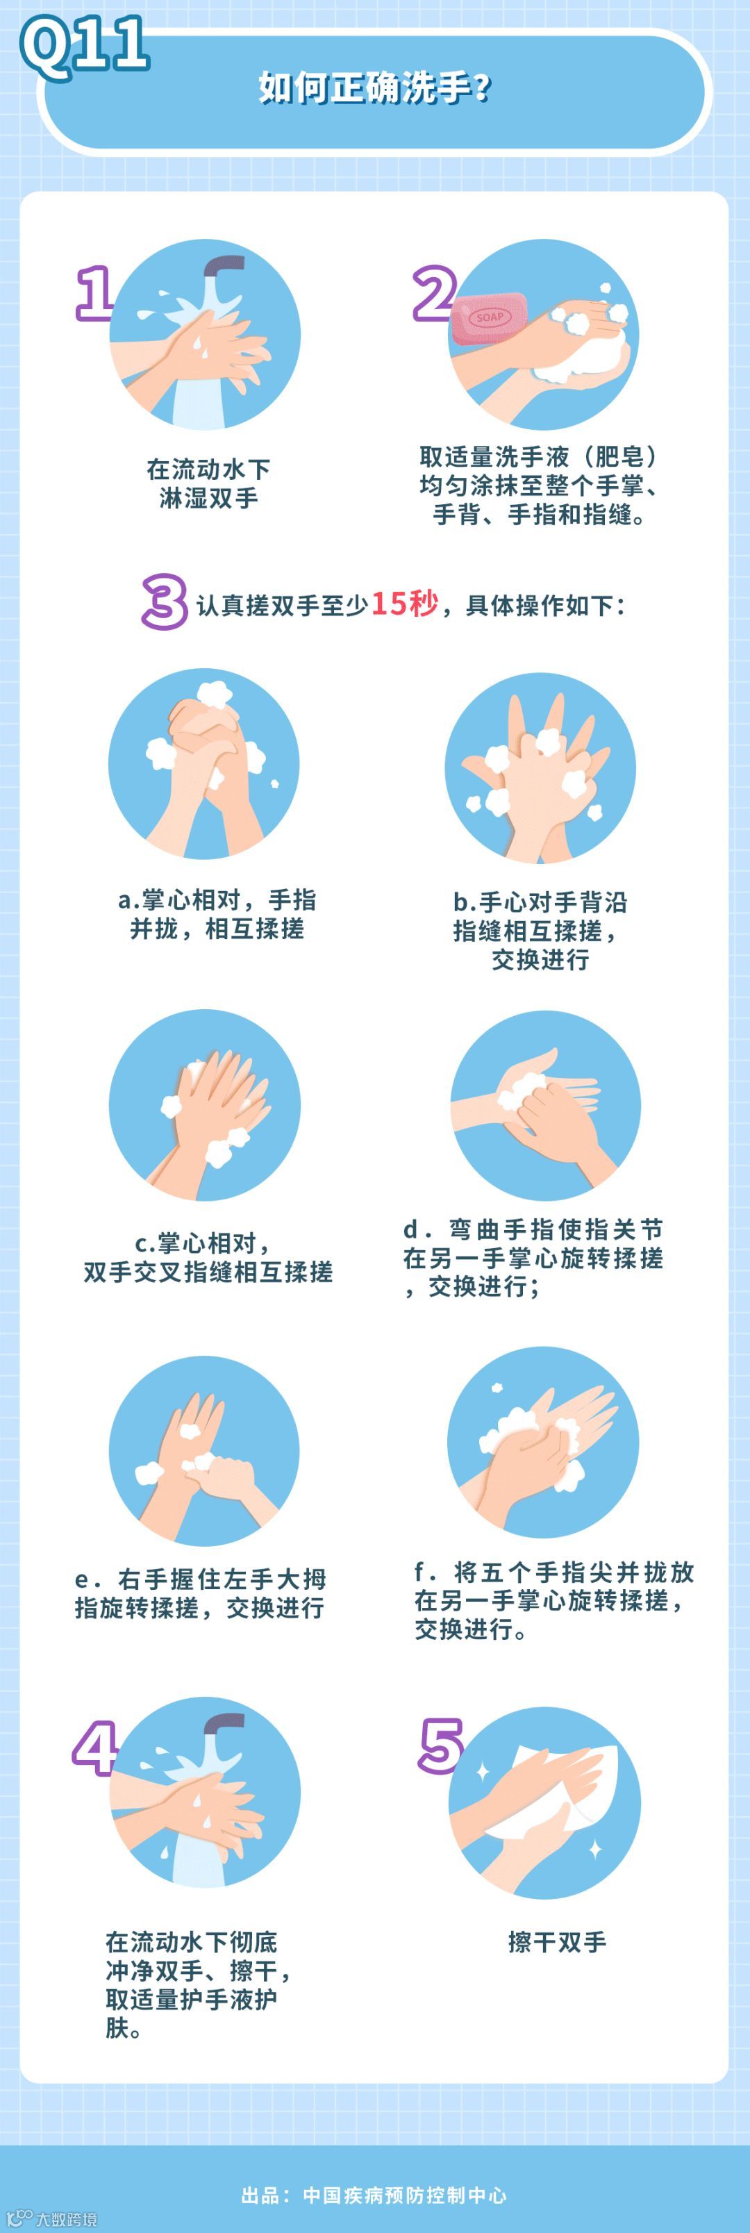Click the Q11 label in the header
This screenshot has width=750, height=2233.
pyautogui.click(x=85, y=45)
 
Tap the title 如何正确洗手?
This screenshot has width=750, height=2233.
pyautogui.click(x=374, y=88)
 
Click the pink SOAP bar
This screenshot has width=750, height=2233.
pyautogui.click(x=488, y=318)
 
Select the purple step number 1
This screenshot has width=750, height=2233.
pyautogui.click(x=94, y=293)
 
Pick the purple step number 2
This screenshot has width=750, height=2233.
pyautogui.click(x=433, y=293)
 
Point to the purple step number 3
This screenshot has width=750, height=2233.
pyautogui.click(x=164, y=601)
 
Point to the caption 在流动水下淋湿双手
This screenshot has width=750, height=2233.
pyautogui.click(x=208, y=483)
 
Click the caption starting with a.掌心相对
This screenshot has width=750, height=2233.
pyautogui.click(x=217, y=913)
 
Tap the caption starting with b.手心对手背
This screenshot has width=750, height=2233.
pyautogui.click(x=540, y=930)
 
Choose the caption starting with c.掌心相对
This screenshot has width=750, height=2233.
pyautogui.click(x=208, y=1257)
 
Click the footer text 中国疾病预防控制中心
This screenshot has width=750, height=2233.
pyautogui.click(x=405, y=2195)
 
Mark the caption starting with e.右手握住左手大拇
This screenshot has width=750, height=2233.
pyautogui.click(x=200, y=1593)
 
